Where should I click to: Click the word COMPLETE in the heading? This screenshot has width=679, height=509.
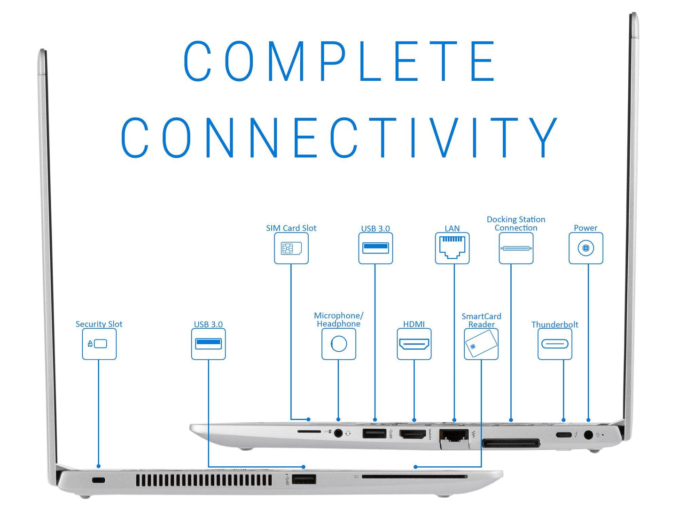click(339, 61)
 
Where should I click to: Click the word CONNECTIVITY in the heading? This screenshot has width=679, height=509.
click(339, 137)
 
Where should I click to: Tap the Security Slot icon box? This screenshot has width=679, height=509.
click(99, 344)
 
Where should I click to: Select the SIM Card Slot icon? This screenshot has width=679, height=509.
click(291, 248)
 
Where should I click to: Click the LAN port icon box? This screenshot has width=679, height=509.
click(452, 248)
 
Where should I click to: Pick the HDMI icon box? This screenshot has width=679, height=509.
click(414, 344)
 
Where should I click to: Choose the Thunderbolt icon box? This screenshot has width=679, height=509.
click(554, 344)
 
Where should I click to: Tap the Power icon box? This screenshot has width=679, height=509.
click(585, 248)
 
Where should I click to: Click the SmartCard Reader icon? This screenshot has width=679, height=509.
click(481, 344)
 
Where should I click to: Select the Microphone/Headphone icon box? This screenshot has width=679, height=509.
click(339, 344)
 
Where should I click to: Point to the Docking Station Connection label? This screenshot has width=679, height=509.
click(516, 224)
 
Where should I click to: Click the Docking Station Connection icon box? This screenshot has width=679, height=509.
click(516, 248)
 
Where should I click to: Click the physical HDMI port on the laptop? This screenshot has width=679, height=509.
click(413, 434)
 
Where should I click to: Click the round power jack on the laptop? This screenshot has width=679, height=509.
click(588, 435)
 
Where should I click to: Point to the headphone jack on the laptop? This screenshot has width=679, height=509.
click(338, 433)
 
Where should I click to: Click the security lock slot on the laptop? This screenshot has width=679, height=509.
click(98, 480)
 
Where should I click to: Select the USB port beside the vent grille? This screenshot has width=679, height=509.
click(304, 479)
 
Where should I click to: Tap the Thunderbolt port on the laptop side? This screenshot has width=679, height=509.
click(563, 434)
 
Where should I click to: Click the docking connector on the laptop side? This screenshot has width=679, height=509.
click(511, 443)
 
